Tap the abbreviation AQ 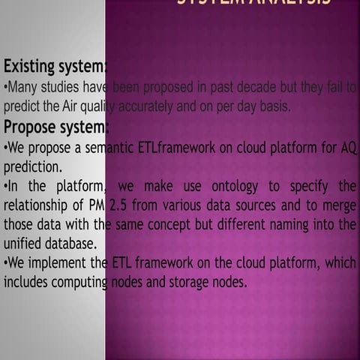tap(348, 147)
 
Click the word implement tap(61, 263)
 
